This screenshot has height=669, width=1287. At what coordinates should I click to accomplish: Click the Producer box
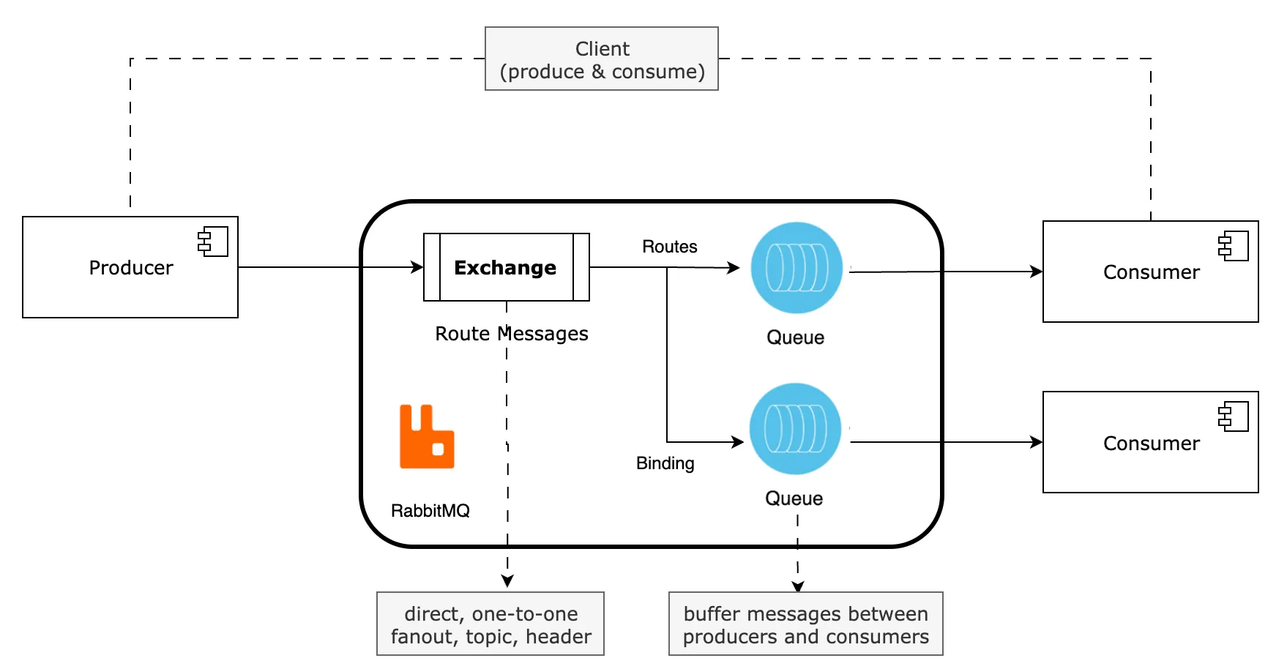[130, 267]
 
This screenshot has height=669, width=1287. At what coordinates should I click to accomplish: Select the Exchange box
[507, 267]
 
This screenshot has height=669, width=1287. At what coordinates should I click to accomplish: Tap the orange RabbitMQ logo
[427, 436]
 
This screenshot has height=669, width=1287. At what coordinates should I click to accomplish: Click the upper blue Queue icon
[797, 268]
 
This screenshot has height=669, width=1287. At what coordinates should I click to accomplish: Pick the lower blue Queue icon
[795, 429]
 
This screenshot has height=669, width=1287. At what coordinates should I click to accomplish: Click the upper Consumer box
[1151, 272]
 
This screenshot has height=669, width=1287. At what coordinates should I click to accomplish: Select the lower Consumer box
[1151, 442]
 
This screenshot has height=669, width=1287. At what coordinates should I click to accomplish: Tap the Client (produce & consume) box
[602, 59]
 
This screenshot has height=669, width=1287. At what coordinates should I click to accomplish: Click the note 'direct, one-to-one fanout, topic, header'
[490, 624]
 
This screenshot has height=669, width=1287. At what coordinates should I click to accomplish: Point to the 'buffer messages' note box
[806, 624]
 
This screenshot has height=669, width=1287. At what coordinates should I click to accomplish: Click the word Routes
[670, 247]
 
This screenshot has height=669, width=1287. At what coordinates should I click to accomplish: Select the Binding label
[665, 463]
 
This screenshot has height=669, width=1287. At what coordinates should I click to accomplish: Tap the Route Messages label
[512, 334]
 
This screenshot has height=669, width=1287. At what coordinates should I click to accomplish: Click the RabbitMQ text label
[430, 511]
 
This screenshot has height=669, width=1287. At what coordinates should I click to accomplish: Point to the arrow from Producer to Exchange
[331, 267]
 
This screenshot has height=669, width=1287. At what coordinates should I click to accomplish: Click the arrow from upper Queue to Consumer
[946, 272]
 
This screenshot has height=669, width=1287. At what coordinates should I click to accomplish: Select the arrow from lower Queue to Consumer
[947, 442]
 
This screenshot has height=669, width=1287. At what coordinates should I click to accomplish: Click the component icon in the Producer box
[213, 242]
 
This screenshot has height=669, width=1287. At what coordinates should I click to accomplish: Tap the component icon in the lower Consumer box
[1234, 416]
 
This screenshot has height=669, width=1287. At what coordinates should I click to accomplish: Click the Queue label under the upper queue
[796, 337]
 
